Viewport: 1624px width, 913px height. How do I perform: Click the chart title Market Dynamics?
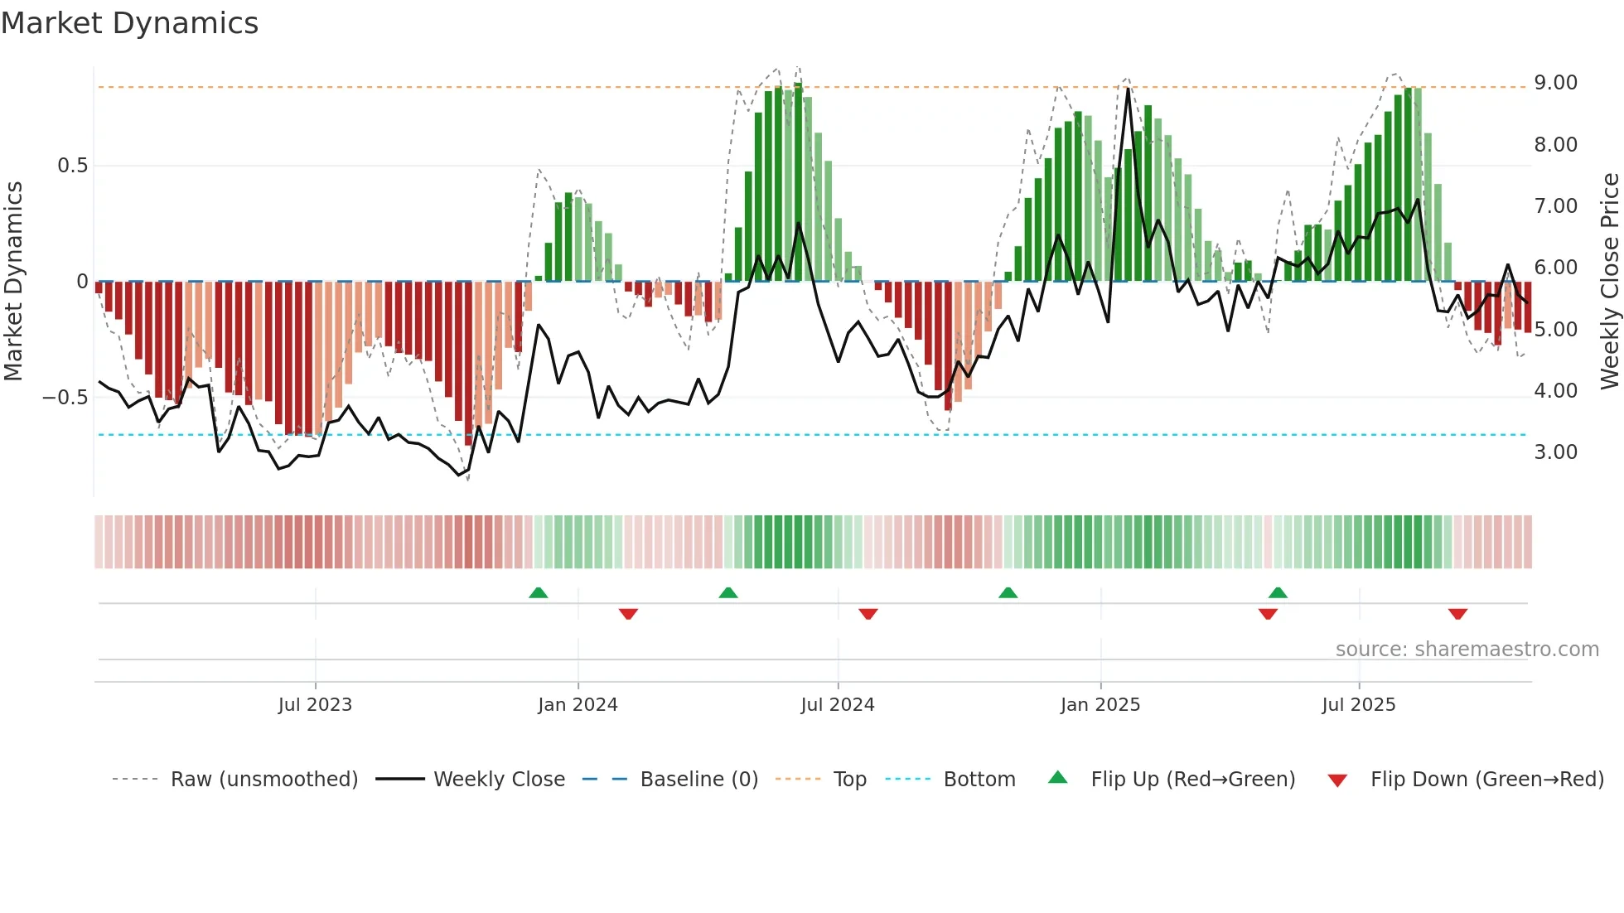point(129,23)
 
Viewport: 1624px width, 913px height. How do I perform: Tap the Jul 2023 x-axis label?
point(315,705)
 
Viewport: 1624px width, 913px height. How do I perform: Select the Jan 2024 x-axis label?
point(578,705)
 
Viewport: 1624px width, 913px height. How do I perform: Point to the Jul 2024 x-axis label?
point(838,705)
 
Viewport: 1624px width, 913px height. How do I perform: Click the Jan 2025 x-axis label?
point(1100,705)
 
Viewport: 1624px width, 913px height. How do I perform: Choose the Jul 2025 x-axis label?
point(1359,705)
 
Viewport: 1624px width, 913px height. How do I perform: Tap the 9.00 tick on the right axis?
point(1555,83)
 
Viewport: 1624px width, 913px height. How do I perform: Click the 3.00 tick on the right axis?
point(1555,452)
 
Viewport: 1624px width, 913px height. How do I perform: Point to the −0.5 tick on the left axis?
point(65,398)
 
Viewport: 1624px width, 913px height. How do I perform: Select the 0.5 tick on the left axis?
point(73,166)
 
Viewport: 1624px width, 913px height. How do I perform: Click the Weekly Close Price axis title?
point(1609,281)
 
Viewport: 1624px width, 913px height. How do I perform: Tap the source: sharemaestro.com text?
point(1467,650)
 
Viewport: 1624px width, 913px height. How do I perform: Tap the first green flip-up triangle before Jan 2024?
point(539,592)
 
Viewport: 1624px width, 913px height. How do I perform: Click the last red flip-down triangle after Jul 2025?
point(1457,614)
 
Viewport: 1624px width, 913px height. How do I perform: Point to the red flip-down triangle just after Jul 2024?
point(868,614)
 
